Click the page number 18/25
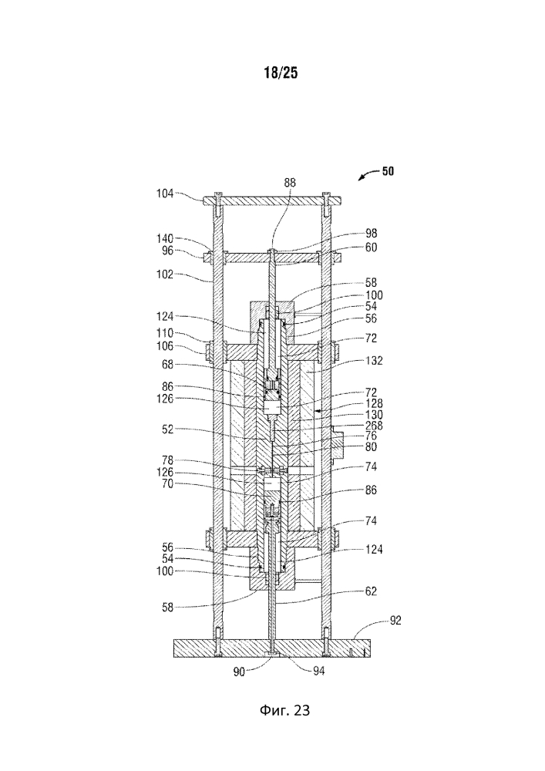coord(281,72)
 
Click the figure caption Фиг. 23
coord(285,710)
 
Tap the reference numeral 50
coord(388,171)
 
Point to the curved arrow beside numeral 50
coord(368,174)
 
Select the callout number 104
coord(165,194)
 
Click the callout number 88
coord(290,183)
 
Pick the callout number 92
coord(395,620)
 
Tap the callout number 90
coord(239,672)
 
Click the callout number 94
coord(319,671)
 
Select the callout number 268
coord(374,426)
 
